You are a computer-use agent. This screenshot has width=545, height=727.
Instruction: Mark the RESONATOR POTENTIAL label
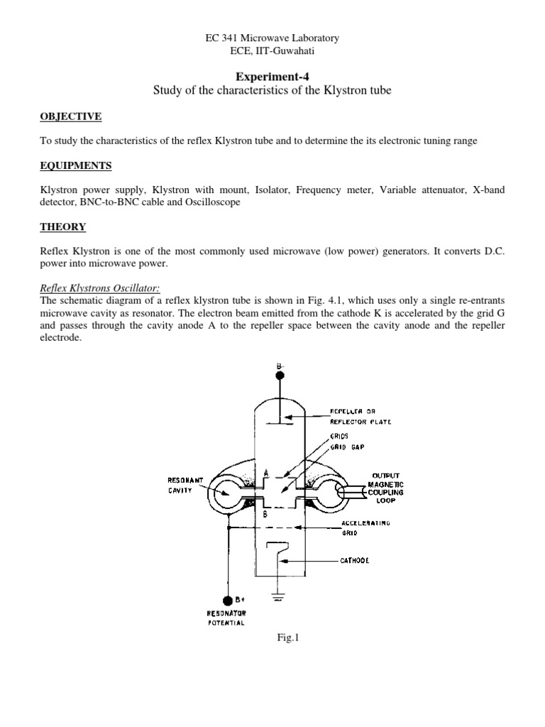click(x=226, y=618)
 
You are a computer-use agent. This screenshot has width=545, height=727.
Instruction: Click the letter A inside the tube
click(x=265, y=474)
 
